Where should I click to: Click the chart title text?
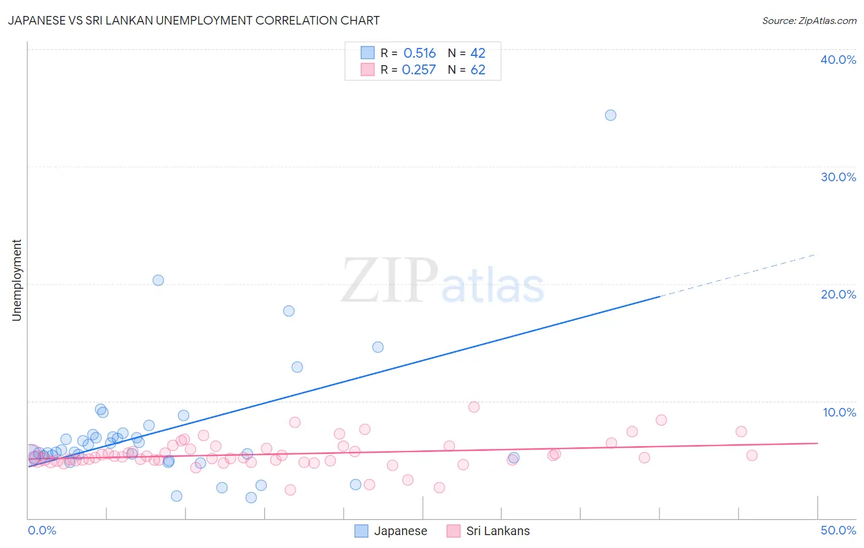point(194,20)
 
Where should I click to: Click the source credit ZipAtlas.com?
point(809,20)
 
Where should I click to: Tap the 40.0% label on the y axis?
point(838,60)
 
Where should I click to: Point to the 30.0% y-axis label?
point(838,177)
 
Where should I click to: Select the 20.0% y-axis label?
point(838,294)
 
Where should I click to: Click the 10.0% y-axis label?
point(839,412)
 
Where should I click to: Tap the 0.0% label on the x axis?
point(42,530)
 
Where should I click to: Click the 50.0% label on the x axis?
point(838,530)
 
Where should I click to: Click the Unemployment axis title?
point(17,280)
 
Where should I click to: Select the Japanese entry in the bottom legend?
point(400,531)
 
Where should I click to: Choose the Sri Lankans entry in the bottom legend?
point(497,531)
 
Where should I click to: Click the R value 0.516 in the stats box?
point(420,53)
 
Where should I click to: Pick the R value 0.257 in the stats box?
point(418,70)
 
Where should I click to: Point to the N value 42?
point(477,53)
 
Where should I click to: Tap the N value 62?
point(477,70)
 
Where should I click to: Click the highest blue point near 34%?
point(610,115)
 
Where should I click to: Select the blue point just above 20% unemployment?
point(158,280)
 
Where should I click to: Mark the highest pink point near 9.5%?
point(474,407)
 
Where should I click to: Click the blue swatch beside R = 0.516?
point(367,53)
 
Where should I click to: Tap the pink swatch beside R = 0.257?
point(367,69)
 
